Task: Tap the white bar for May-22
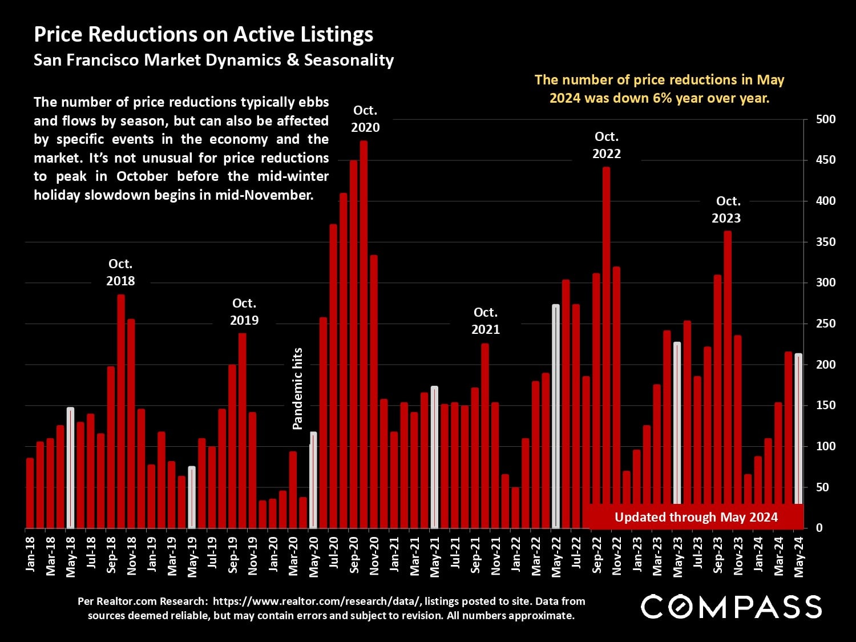556,416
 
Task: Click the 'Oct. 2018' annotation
120,272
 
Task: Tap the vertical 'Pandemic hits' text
297,388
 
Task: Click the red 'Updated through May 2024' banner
696,517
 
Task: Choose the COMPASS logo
731,606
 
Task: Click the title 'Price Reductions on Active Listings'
203,34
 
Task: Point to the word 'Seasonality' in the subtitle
349,60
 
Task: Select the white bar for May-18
70,467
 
